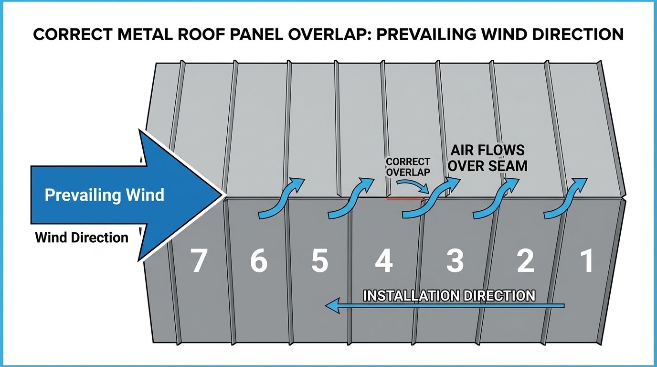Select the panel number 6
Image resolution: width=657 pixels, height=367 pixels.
point(258,261)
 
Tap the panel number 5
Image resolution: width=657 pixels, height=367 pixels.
point(319,261)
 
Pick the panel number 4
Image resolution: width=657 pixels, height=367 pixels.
point(384,261)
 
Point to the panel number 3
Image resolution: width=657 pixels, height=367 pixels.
point(455,261)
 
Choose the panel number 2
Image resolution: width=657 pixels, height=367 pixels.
point(525,261)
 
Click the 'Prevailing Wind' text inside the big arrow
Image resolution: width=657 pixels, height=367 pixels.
point(104,195)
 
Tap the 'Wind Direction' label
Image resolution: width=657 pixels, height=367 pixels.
point(82,237)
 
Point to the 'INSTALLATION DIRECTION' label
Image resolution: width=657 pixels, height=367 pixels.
point(449,295)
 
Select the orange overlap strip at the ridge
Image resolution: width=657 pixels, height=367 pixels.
point(406,198)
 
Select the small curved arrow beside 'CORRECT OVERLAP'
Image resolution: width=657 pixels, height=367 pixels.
point(413,184)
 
